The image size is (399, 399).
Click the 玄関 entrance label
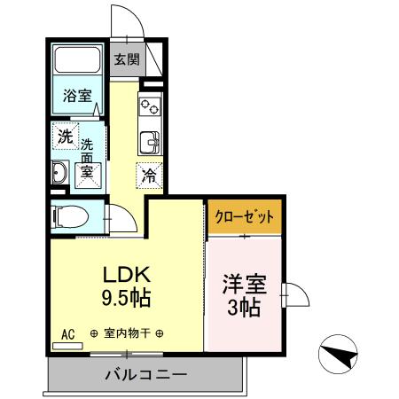pyautogui.click(x=125, y=60)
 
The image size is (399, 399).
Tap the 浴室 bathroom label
pyautogui.click(x=76, y=96)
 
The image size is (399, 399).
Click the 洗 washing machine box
pyautogui.click(x=65, y=137)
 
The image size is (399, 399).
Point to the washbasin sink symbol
pyautogui.click(x=60, y=172)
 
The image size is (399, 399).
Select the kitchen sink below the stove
pyautogui.click(x=149, y=140)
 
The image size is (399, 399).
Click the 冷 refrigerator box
pyautogui.click(x=149, y=175)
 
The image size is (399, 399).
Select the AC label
pyautogui.click(x=67, y=334)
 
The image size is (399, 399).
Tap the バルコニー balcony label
pyautogui.click(x=145, y=373)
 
